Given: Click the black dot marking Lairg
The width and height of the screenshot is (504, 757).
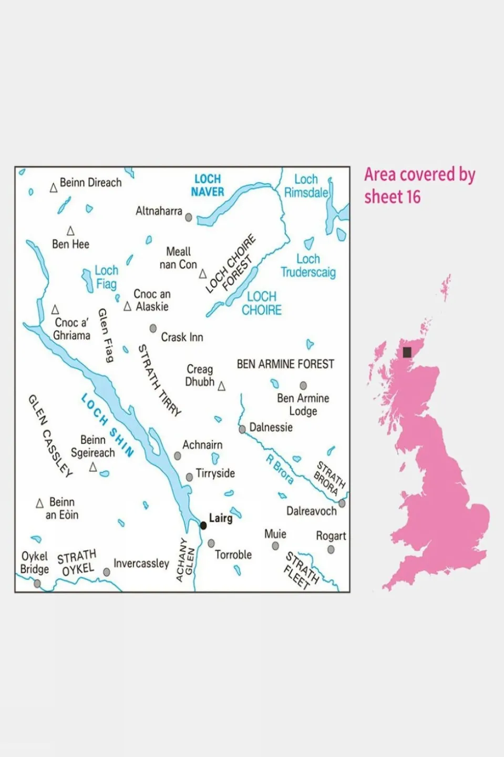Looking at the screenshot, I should coord(203,526).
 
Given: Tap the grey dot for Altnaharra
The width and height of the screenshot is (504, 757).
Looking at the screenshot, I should coord(189,217).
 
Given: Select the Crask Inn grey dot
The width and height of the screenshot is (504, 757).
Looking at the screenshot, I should coord(153,328).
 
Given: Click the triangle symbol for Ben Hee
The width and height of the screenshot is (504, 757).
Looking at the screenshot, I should coord(70,231).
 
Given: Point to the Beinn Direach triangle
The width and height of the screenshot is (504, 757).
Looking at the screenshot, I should coord(53,188).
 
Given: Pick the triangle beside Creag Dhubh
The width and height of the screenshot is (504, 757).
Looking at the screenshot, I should coord(221,386).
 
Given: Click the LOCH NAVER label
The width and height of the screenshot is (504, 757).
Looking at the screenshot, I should coord(208,186).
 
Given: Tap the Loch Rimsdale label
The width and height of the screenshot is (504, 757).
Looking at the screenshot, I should coord(306,186).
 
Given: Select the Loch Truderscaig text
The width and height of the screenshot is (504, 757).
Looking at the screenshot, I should coord(308,266).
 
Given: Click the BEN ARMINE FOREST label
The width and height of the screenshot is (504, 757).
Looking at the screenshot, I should coord(285,364).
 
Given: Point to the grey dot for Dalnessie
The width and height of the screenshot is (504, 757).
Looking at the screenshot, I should coord(242,429).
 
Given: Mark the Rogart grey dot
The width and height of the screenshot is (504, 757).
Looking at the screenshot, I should coord(331,550).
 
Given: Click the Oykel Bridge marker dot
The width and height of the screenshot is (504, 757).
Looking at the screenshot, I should coord(37,583).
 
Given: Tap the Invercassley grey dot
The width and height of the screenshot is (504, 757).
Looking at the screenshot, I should coord(107,572).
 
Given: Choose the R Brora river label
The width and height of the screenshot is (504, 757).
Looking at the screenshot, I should coord(280,469).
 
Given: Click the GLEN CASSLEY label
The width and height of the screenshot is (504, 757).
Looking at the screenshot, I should coord(50,436).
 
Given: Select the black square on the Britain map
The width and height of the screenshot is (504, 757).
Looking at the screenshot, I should coord(407,352).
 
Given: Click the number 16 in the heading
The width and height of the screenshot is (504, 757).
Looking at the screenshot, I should coord(413,197).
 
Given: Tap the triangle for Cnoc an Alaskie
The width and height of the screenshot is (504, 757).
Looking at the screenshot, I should coord(127,306).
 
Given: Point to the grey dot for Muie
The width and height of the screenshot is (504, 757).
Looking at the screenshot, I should coord(275,546).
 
